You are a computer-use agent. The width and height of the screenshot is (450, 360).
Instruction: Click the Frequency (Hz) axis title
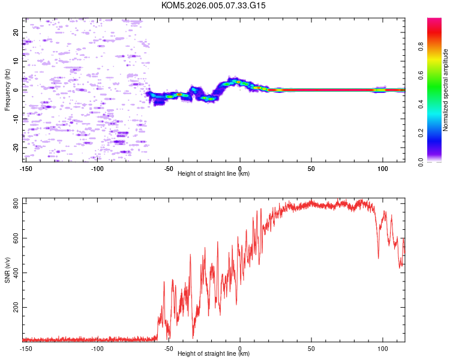[7, 90]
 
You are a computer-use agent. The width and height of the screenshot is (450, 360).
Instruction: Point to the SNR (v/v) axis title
[7, 271]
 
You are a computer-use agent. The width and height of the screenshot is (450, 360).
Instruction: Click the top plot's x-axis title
[214, 173]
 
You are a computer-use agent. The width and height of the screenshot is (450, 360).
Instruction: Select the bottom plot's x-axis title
[214, 353]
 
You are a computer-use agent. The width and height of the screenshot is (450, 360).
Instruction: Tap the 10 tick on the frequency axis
[16, 61]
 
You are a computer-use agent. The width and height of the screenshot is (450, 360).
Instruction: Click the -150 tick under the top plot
[26, 167]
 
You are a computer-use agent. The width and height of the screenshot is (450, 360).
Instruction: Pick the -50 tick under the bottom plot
[169, 347]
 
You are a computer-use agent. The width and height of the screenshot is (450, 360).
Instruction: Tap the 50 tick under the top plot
[311, 167]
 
